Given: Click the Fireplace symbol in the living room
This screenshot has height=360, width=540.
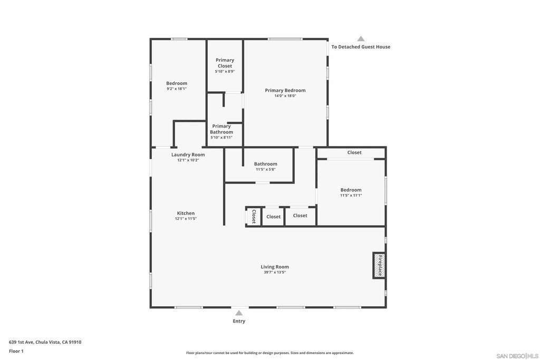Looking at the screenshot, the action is pos(379,265).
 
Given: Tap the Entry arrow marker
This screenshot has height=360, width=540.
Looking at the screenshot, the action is pos(239,313).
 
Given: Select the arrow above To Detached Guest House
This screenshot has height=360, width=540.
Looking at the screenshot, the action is pos(361,39).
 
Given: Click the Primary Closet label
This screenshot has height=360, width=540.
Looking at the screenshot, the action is pos(225,63).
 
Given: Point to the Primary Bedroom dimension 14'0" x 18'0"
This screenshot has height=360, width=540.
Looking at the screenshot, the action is pos(285,96).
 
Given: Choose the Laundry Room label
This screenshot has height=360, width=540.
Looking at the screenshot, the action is pos(188,155).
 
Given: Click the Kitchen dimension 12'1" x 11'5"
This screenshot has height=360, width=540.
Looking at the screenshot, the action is pos(186,219).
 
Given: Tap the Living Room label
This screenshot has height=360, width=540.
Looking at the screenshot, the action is pos(275,267).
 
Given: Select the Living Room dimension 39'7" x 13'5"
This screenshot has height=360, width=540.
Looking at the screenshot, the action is pos(275,272).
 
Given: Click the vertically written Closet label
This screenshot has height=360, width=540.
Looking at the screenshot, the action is pos(254,217).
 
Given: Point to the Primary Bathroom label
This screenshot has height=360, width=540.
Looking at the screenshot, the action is pos(221,129).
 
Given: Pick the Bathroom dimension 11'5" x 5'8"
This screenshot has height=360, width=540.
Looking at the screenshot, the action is pos(266,169).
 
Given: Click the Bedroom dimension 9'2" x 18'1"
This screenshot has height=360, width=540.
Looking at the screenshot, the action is pos(177,89).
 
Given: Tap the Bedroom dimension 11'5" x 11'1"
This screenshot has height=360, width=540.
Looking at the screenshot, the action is pos(351,196).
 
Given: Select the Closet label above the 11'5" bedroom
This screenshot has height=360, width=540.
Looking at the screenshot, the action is pos(354,152).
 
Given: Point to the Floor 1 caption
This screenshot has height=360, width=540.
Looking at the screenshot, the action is pos(16,351).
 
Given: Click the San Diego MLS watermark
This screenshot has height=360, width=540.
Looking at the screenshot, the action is pos(517,356).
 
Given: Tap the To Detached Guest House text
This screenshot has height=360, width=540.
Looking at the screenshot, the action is pos(361,47).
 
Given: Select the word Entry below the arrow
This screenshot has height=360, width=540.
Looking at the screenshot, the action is pos(239,321).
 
